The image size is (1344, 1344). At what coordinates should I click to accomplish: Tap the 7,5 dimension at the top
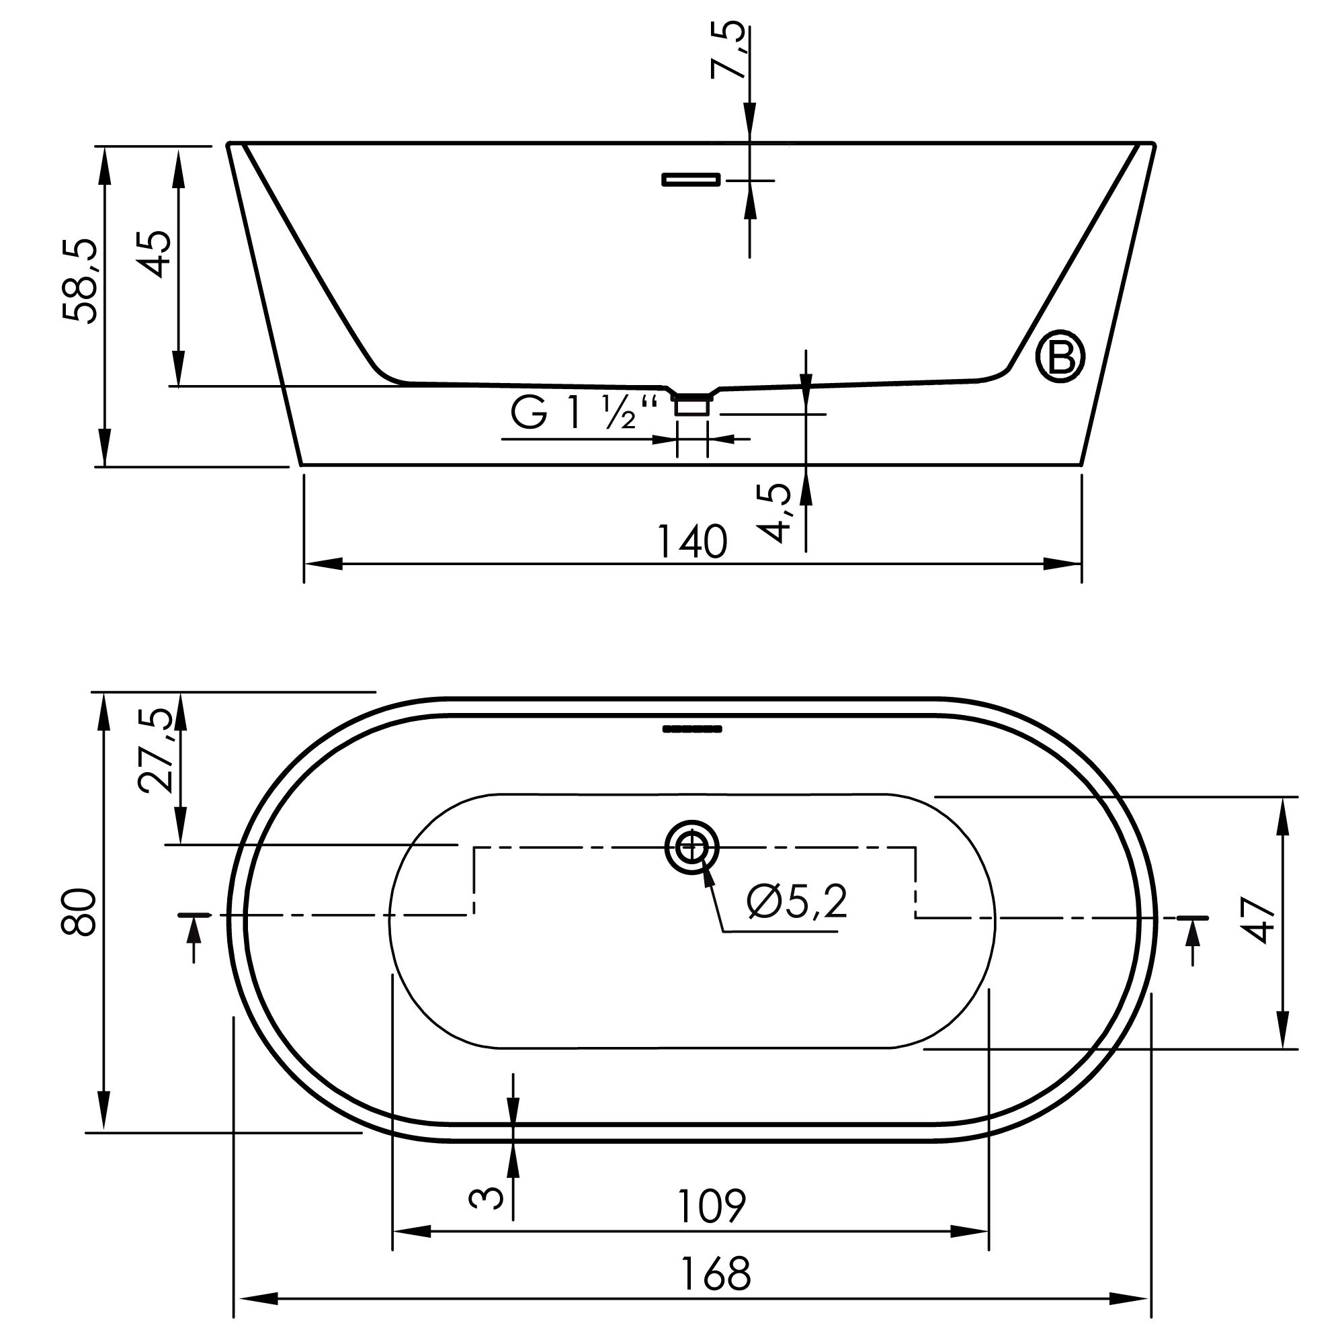[728, 50]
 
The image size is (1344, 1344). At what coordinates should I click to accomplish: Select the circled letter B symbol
[1060, 357]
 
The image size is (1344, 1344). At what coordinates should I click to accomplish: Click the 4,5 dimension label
[773, 513]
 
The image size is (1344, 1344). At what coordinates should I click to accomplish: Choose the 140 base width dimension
[692, 542]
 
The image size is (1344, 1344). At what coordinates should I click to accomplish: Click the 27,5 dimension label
[155, 751]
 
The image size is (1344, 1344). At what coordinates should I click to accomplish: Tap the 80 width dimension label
[79, 912]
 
